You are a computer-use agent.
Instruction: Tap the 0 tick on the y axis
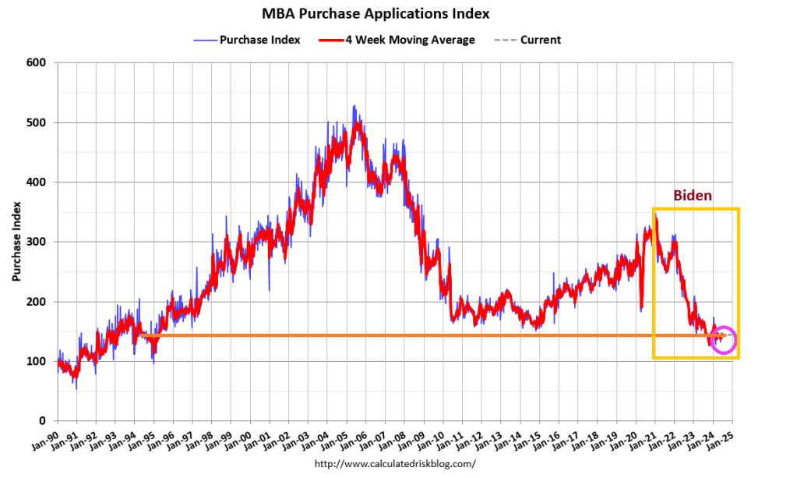45,421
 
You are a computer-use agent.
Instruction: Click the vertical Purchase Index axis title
16,242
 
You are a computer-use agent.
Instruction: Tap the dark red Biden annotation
692,196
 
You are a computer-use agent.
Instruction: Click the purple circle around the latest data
724,340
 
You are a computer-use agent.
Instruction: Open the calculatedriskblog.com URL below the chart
394,464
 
